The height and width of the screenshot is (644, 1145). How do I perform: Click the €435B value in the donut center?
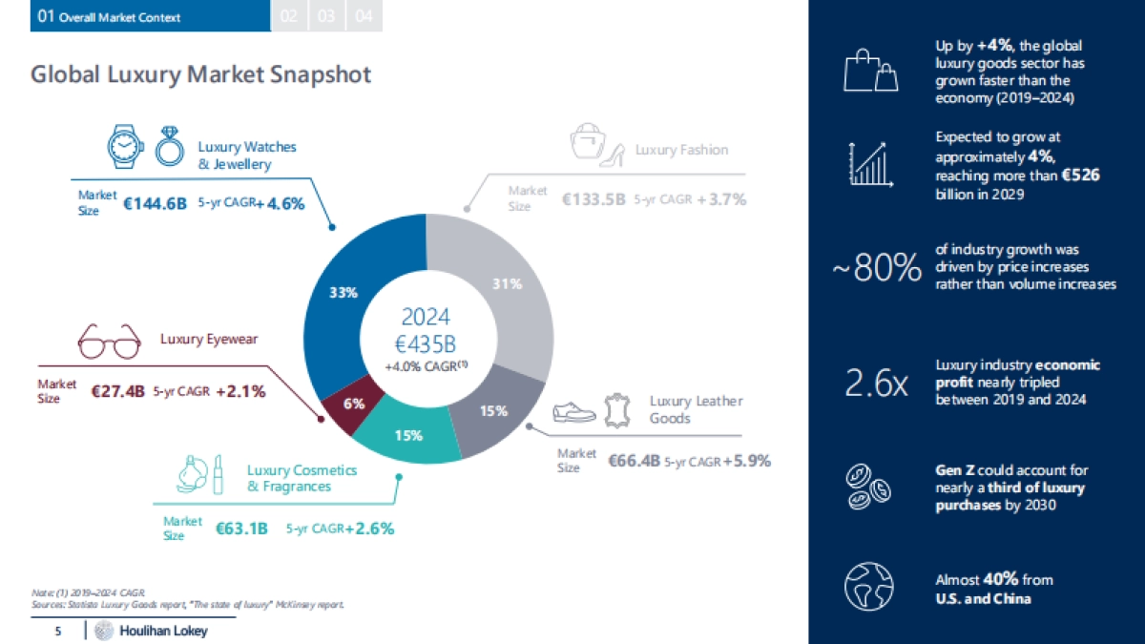point(427,345)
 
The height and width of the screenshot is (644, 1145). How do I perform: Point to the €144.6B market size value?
point(155,202)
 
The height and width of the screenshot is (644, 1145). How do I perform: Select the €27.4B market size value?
point(117,391)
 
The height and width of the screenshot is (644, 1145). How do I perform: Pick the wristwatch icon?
point(123,147)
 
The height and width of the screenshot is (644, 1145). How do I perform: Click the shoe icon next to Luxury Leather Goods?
point(574,413)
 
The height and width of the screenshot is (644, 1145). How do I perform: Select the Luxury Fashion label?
point(681,150)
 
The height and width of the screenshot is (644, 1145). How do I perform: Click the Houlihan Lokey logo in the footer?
point(153,631)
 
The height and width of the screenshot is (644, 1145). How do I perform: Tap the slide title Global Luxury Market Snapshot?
point(201,74)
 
